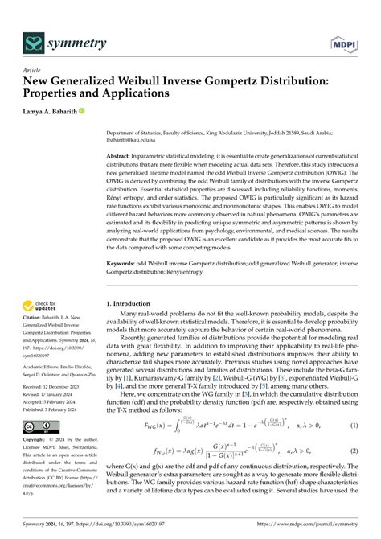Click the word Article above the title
[35, 70]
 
